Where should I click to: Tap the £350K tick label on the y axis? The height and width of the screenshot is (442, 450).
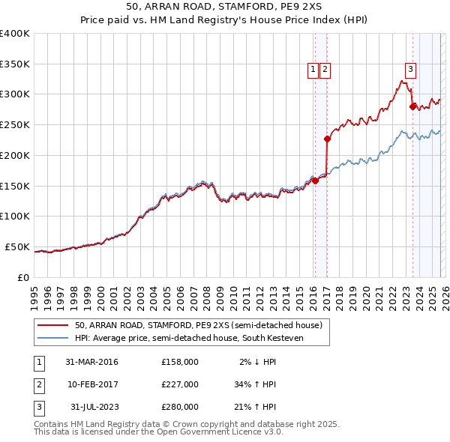pyautogui.click(x=15, y=64)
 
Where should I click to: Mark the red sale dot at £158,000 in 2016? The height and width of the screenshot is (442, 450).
pyautogui.click(x=316, y=181)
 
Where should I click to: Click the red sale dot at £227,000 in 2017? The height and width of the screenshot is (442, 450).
pyautogui.click(x=327, y=139)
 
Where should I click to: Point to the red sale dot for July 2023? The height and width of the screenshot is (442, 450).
pyautogui.click(x=412, y=106)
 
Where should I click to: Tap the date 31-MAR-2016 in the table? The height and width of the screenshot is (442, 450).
pyautogui.click(x=91, y=362)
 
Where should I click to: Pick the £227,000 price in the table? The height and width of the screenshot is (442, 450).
pyautogui.click(x=179, y=384)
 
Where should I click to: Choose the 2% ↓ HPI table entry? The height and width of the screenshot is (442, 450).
pyautogui.click(x=257, y=362)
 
